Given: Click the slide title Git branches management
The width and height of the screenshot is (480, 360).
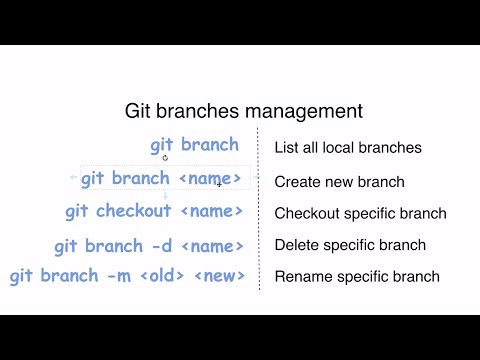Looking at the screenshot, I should (243, 110).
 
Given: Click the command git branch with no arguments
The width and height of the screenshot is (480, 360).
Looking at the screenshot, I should (195, 145).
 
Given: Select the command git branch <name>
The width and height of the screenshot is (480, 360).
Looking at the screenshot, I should (161, 179).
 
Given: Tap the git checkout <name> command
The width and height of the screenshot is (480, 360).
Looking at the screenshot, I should (154, 212).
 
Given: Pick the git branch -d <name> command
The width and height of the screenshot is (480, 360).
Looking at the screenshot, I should (149, 245).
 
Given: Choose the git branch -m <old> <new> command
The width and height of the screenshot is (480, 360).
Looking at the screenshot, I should (127, 276).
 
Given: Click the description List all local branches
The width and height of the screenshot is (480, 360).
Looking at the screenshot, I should (348, 148).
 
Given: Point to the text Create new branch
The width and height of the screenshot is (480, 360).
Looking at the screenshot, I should (339, 182).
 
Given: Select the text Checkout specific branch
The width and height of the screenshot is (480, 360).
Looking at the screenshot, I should (360, 214).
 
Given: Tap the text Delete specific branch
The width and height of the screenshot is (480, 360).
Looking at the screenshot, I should (350, 245).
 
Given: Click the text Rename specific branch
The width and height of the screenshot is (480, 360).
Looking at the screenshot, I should (356, 277).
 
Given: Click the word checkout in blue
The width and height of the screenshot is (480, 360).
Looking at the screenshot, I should (136, 212).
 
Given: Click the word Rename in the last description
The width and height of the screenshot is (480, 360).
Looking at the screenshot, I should (301, 277).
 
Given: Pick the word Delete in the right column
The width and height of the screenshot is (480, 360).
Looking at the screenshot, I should (297, 245).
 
